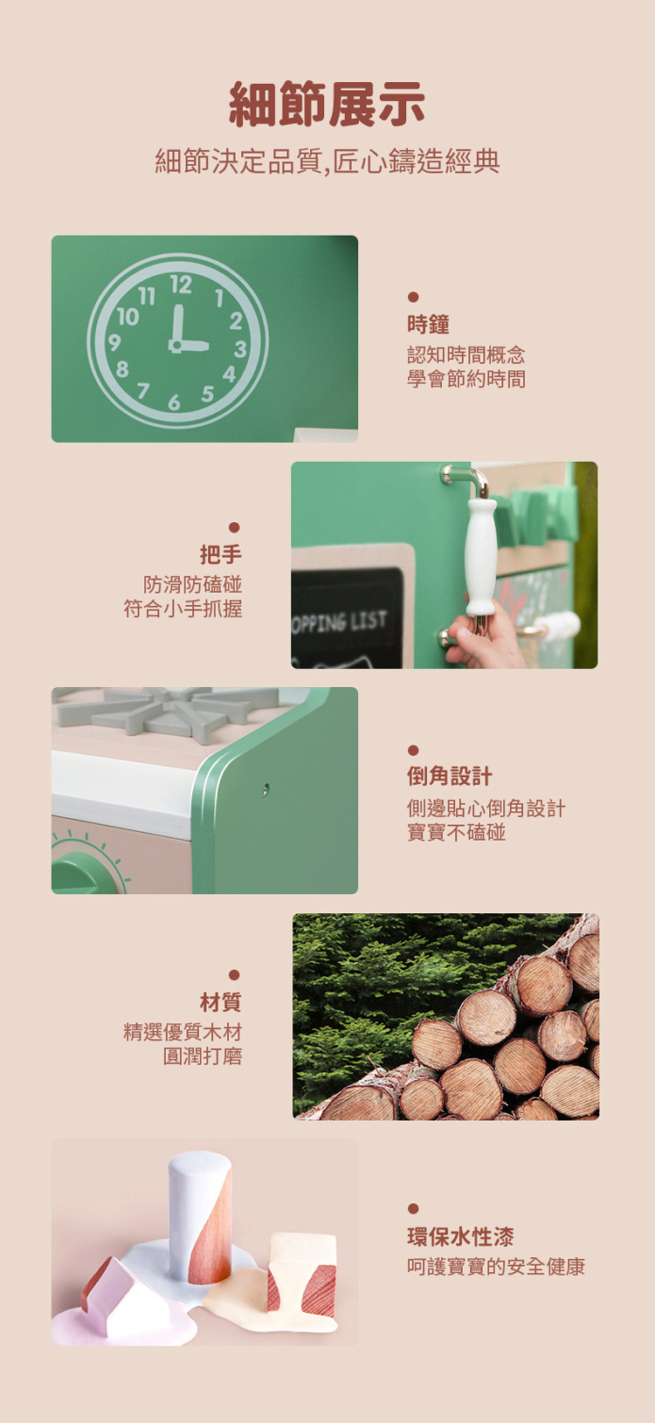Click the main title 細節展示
[x=327, y=104]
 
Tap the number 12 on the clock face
[x=181, y=285]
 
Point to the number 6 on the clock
[x=174, y=402]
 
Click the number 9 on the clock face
[x=114, y=343]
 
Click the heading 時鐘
[x=428, y=325]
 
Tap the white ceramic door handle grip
[x=481, y=556]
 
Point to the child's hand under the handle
[x=483, y=636]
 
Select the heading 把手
[x=221, y=554]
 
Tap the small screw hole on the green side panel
[x=265, y=789]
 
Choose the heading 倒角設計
[x=450, y=775]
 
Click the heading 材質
[x=221, y=1002]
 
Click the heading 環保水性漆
[x=460, y=1236]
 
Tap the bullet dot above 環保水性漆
[x=413, y=1208]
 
